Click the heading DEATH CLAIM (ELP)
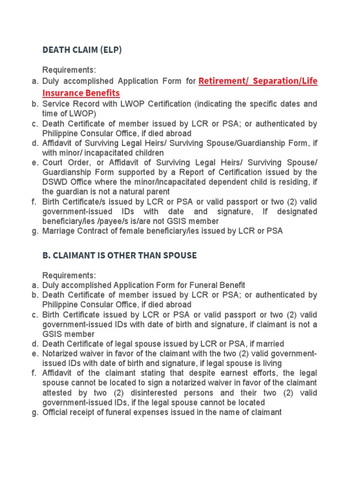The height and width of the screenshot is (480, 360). coord(82,50)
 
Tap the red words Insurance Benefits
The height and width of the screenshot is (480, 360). coord(81,93)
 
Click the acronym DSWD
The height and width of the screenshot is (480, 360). coord(53,182)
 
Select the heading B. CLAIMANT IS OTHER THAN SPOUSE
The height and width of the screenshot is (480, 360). coord(119,255)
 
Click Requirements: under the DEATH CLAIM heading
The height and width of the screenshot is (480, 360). coord(69,70)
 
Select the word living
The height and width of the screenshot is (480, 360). coord(270,363)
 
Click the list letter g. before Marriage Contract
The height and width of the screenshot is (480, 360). coord(35,231)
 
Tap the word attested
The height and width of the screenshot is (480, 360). coord(58,393)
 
